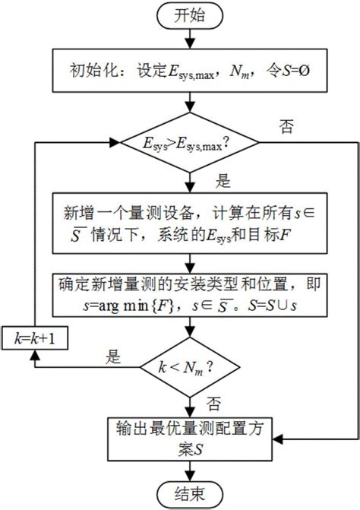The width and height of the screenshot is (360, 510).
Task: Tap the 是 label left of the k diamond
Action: tap(115, 355)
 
